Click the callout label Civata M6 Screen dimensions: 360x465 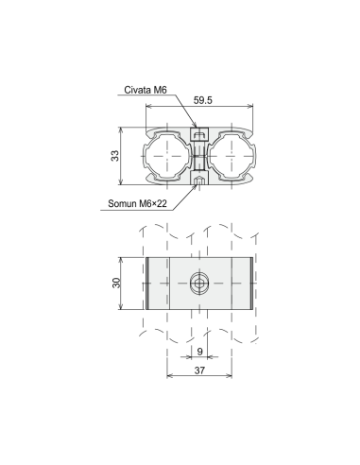tap(146, 90)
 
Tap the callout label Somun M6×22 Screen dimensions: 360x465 tap(137, 203)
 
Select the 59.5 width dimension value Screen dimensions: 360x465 tap(203, 100)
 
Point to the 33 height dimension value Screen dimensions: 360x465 tap(115, 156)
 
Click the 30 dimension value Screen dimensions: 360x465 tap(116, 283)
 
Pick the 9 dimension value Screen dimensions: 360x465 tap(199, 352)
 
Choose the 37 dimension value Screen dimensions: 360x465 tap(199, 370)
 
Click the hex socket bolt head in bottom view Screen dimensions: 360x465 tap(199, 284)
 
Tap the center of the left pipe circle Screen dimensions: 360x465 tap(167, 156)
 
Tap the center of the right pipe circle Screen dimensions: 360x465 tap(231, 156)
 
